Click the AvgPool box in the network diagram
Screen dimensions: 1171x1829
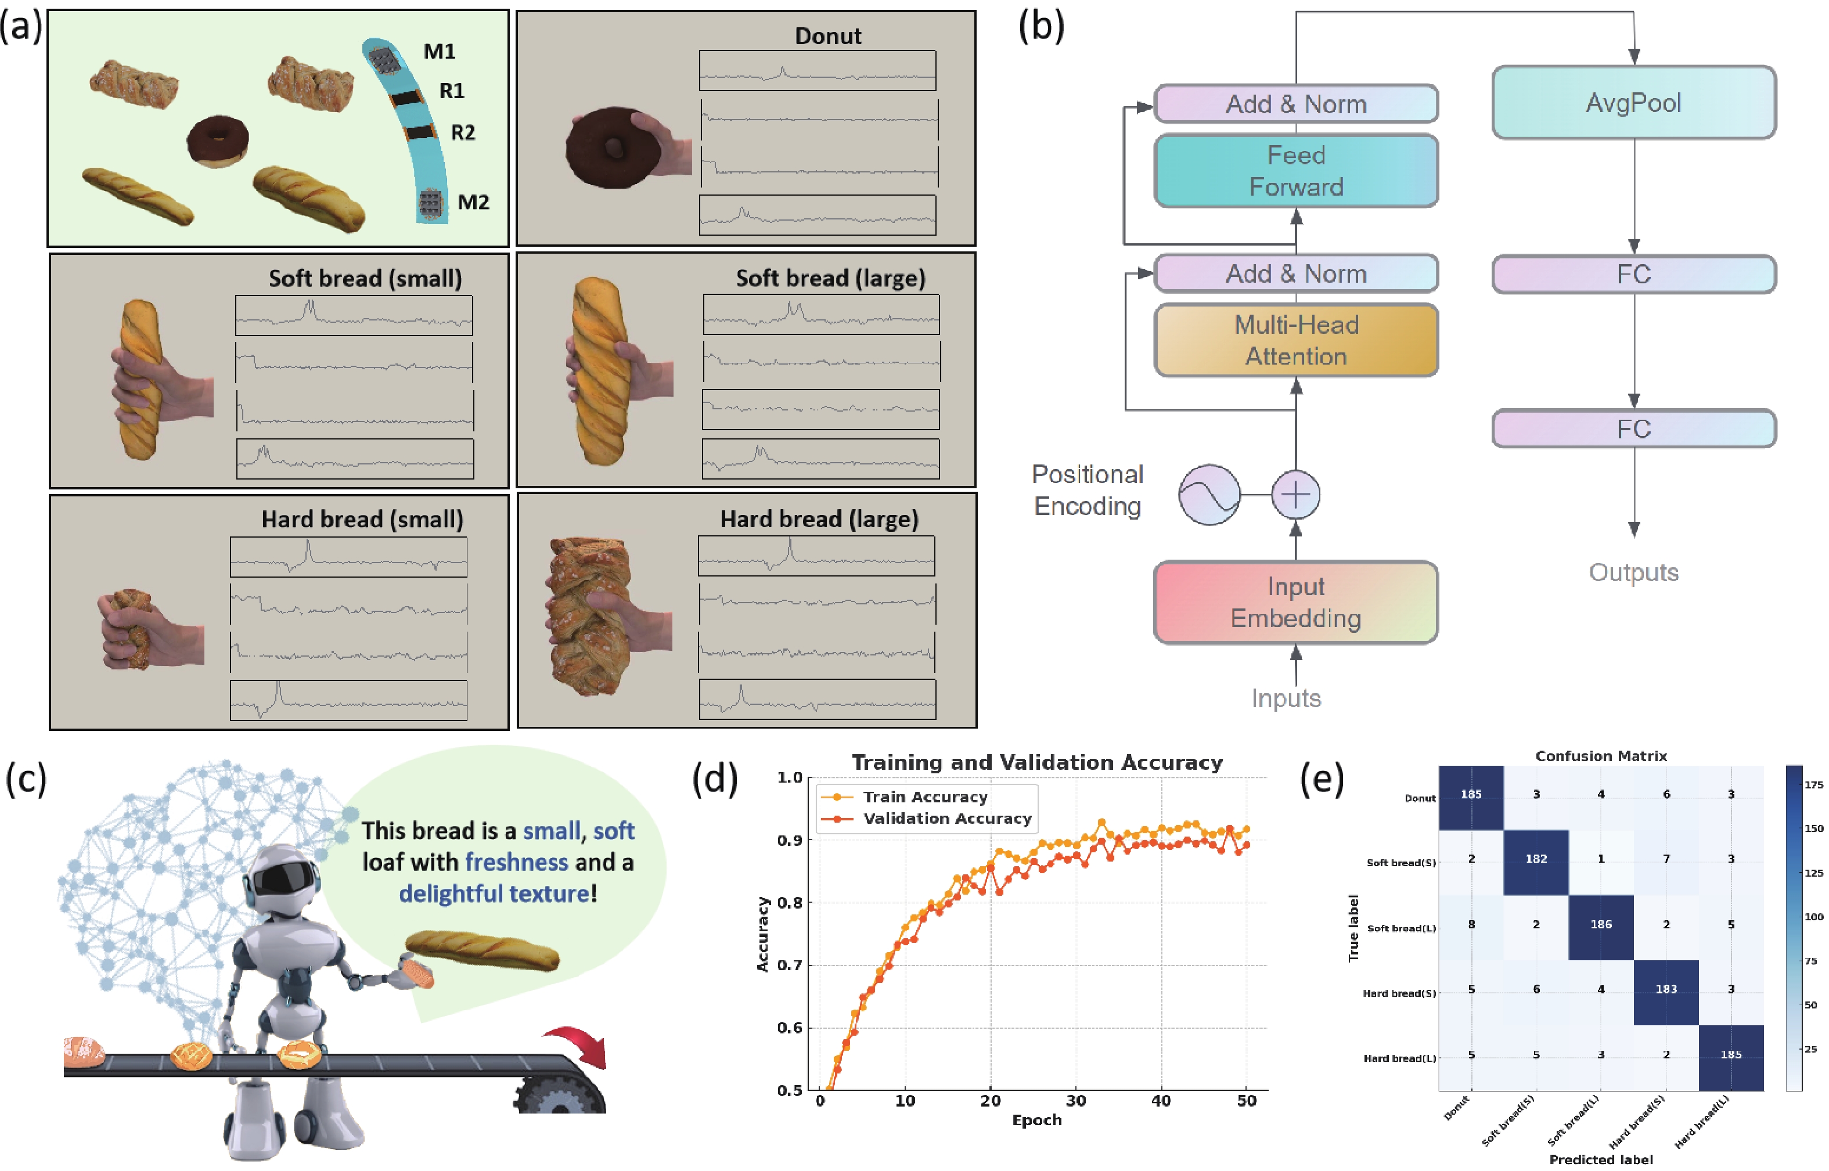1633,103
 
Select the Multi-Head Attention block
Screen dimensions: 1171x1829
1295,340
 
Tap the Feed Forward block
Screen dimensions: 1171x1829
1295,170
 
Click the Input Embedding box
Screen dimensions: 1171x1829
1295,601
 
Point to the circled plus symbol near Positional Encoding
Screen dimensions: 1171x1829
1295,495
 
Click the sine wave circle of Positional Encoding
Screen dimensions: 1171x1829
1209,495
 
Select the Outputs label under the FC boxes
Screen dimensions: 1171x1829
1633,572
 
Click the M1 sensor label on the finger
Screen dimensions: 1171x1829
440,52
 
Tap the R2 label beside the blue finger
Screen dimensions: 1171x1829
463,133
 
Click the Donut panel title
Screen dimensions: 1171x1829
827,36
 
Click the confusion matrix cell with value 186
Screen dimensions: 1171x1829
1600,925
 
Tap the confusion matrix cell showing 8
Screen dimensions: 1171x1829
1471,925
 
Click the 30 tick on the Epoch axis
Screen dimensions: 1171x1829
1075,1100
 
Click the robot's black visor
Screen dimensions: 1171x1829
283,879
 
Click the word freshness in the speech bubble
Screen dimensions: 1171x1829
516,862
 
